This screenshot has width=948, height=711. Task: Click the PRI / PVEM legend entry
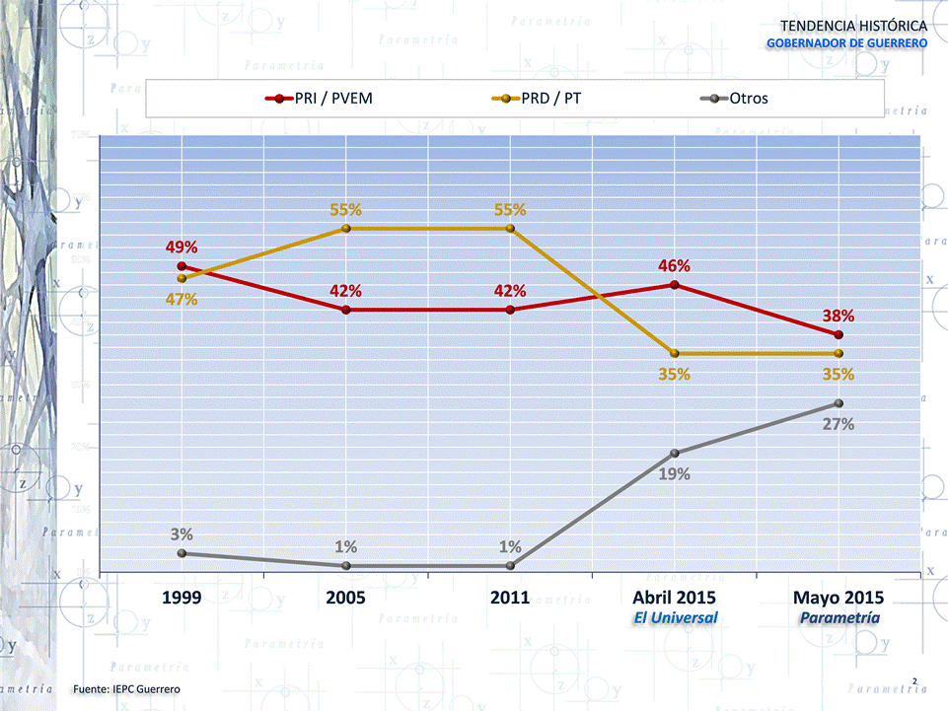coord(320,99)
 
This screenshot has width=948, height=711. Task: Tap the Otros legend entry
coord(735,99)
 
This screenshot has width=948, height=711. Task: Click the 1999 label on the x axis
coord(181,598)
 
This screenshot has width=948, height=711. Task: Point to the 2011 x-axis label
coord(510,598)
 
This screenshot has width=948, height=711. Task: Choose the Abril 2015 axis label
coord(675,598)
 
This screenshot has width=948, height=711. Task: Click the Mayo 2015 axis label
coord(839,598)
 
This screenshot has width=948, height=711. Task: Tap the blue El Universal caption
coord(675,617)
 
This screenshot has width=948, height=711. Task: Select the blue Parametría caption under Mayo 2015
coord(839,617)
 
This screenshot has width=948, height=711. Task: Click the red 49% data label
coord(181,247)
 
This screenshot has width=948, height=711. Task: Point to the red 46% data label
coord(674,266)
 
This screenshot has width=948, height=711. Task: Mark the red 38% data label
coord(839,316)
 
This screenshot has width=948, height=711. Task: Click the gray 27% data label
coord(839,424)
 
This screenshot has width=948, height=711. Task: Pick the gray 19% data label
coord(674,473)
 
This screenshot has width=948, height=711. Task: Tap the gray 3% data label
coord(181,534)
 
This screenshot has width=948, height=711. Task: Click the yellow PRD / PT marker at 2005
coord(345,229)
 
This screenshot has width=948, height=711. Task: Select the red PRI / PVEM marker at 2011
coord(510,310)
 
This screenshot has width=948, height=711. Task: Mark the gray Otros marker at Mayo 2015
coord(839,403)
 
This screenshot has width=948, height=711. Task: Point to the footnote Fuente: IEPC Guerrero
coord(127,687)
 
